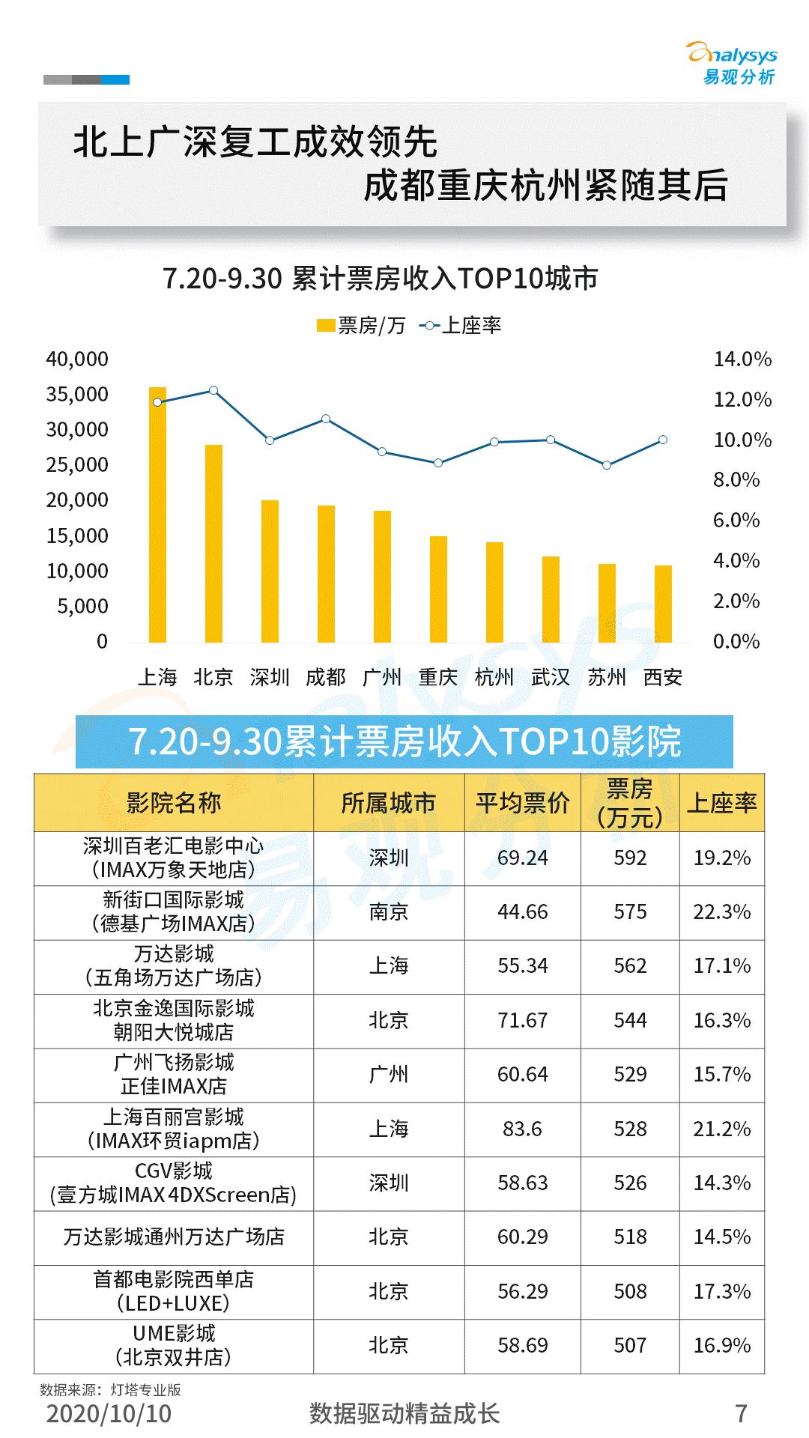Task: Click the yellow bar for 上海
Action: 157,515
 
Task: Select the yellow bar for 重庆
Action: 438,589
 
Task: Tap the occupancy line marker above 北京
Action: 213,390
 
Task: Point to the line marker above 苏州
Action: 607,465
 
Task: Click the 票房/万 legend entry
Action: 361,326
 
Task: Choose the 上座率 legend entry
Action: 461,326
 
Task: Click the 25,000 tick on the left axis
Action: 77,465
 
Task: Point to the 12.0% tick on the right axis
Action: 742,399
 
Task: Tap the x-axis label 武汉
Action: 551,677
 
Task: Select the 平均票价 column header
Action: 523,803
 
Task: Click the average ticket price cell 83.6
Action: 522,1129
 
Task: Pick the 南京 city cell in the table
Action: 389,912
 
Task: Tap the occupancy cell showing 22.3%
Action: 722,912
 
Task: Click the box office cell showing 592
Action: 630,858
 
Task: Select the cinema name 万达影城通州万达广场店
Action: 174,1237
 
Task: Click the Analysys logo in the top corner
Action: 732,63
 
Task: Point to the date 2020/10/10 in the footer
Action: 109,1413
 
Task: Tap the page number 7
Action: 742,1413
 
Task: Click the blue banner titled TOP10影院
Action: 404,741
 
